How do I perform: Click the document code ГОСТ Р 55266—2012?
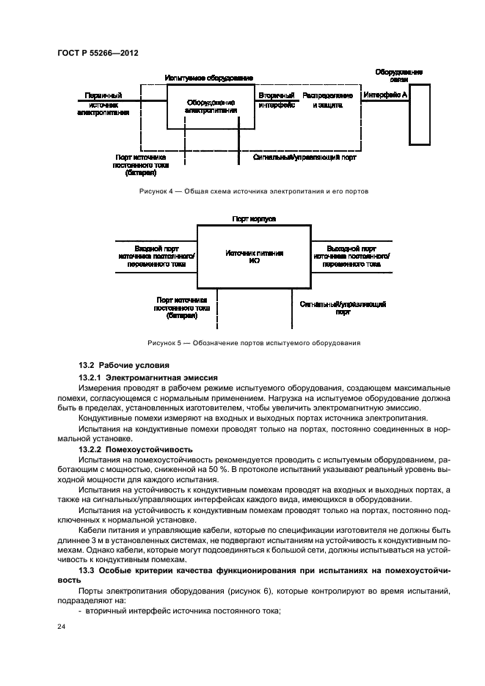pyautogui.click(x=98, y=54)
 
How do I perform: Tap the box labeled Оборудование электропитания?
pyautogui.click(x=210, y=107)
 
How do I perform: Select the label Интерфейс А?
pyautogui.click(x=386, y=95)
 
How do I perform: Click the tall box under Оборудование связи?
pyautogui.click(x=420, y=114)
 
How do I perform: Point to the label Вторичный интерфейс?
pyautogui.click(x=276, y=100)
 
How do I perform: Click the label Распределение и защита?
pyautogui.click(x=327, y=100)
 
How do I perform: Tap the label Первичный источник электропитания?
pyautogui.click(x=103, y=104)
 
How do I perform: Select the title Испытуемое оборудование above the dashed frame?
pyautogui.click(x=209, y=77)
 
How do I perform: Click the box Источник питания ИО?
pyautogui.click(x=255, y=256)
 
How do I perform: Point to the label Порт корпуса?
pyautogui.click(x=254, y=218)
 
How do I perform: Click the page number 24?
pyautogui.click(x=63, y=627)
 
